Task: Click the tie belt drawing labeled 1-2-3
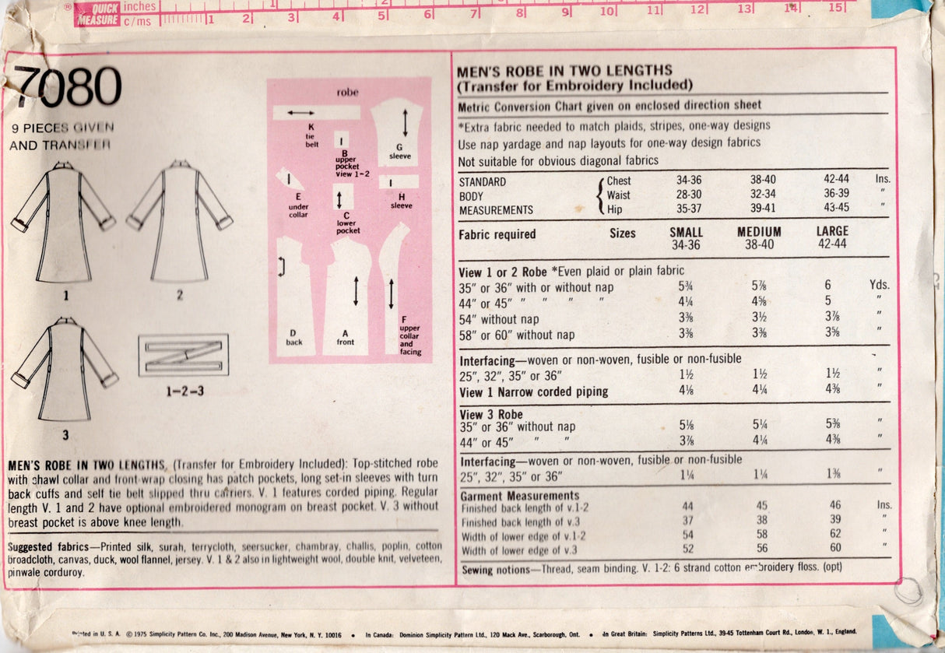(x=183, y=355)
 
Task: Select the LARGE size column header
(x=833, y=232)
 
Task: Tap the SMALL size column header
(x=686, y=232)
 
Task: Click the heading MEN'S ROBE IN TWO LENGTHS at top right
(x=564, y=71)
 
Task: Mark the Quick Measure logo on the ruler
(x=97, y=13)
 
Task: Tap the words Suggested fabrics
(x=42, y=546)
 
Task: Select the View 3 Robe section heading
(x=491, y=414)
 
